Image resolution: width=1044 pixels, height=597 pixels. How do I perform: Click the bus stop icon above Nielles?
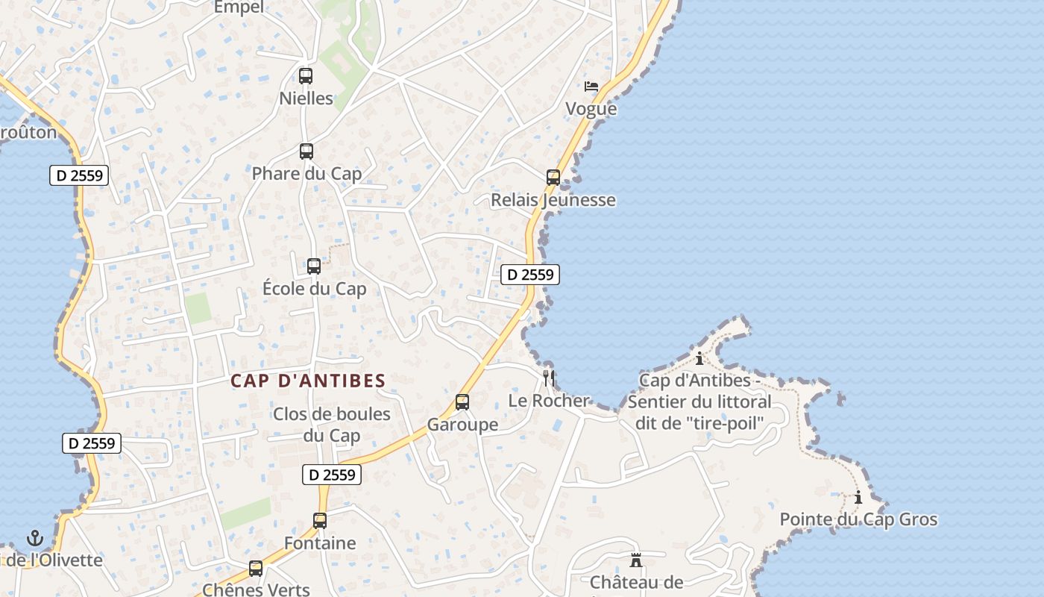(x=306, y=75)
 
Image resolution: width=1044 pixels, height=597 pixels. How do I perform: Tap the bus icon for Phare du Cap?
(x=306, y=151)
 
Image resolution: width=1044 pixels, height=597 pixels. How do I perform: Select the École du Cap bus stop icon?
(x=314, y=266)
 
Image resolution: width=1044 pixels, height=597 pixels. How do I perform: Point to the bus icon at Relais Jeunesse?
(x=553, y=178)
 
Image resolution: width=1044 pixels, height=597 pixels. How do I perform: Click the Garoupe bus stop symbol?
(x=462, y=402)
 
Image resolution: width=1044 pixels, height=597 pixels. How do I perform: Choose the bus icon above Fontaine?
(x=320, y=521)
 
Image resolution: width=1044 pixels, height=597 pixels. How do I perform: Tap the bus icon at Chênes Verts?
(x=256, y=569)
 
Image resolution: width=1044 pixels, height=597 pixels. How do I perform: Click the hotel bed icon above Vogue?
(x=591, y=87)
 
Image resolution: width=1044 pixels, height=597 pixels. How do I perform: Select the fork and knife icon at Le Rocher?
(x=549, y=378)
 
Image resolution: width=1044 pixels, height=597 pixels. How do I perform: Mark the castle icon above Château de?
(x=636, y=560)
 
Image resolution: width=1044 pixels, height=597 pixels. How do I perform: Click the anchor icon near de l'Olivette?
(x=35, y=537)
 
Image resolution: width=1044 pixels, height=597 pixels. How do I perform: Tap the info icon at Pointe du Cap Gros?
(x=858, y=497)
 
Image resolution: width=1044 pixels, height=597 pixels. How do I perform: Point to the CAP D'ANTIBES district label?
(x=308, y=381)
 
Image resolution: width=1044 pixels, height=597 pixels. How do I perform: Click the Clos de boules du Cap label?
(x=331, y=425)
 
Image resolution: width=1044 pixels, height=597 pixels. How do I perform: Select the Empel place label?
(x=239, y=7)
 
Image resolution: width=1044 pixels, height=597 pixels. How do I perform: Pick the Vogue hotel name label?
(x=591, y=109)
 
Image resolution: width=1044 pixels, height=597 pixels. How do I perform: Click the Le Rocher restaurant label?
(x=549, y=401)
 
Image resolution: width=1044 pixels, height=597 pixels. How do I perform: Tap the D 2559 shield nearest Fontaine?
(x=332, y=475)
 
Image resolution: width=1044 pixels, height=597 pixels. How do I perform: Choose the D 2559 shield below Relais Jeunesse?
(x=530, y=275)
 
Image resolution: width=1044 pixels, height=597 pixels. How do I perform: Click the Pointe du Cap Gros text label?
(x=858, y=519)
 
